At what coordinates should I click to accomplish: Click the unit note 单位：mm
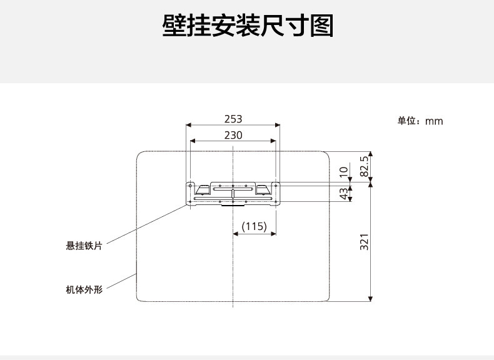pyautogui.click(x=420, y=121)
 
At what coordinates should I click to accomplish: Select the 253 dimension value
pyautogui.click(x=233, y=119)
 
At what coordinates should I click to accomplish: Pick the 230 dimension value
pyautogui.click(x=233, y=134)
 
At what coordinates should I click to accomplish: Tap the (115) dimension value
pyautogui.click(x=255, y=226)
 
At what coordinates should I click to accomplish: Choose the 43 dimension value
pyautogui.click(x=343, y=194)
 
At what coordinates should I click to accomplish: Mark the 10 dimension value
pyautogui.click(x=343, y=171)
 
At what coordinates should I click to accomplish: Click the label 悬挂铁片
pyautogui.click(x=84, y=246)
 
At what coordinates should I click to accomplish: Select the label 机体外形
pyautogui.click(x=84, y=289)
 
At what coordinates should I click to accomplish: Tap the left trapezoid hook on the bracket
pyautogui.click(x=203, y=189)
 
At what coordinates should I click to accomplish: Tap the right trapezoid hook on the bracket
pyautogui.click(x=263, y=189)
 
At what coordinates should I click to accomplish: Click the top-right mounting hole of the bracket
pyautogui.click(x=276, y=185)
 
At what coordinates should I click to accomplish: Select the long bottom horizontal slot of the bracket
pyautogui.click(x=233, y=199)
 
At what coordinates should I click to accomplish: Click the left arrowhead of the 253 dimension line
pyautogui.click(x=188, y=126)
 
